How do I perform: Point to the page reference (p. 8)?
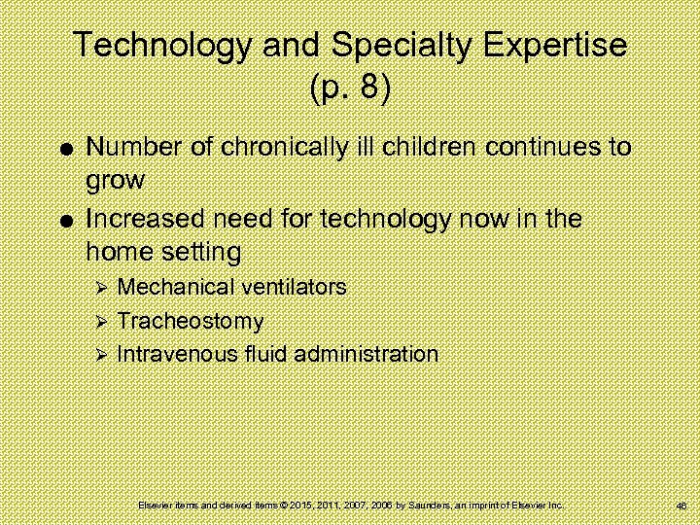pos(350,88)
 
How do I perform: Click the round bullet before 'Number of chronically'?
pos(63,149)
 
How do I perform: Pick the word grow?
pos(115,182)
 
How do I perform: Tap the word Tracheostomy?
pos(190,321)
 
